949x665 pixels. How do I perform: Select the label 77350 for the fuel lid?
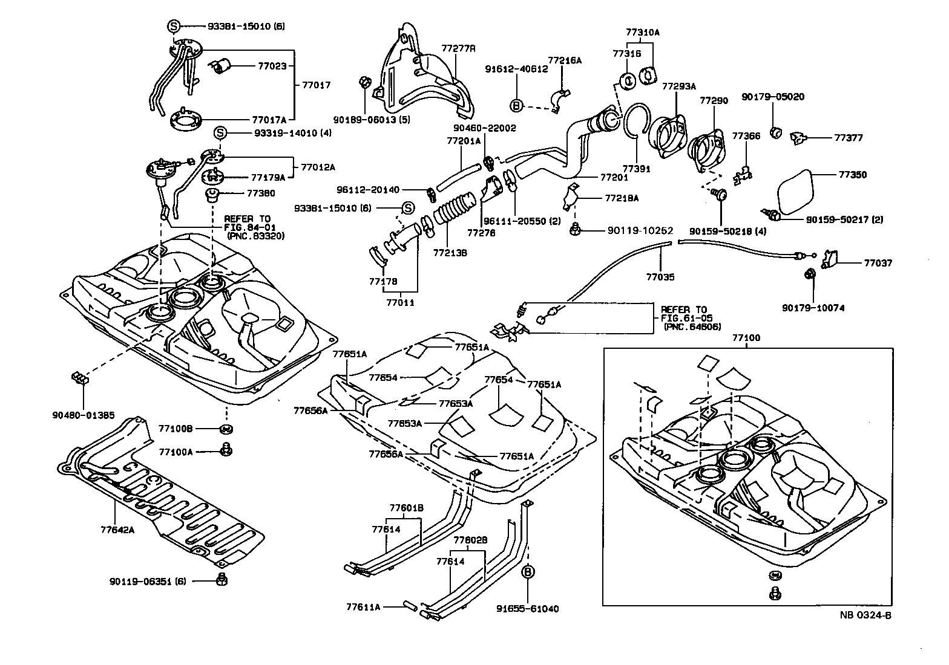pyautogui.click(x=852, y=175)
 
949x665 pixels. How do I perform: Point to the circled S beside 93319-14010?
pyautogui.click(x=220, y=133)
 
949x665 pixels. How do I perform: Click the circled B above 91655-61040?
pyautogui.click(x=528, y=571)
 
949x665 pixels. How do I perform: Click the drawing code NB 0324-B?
pyautogui.click(x=865, y=615)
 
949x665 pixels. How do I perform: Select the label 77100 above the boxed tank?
pyautogui.click(x=746, y=339)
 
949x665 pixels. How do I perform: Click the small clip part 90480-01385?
pyautogui.click(x=80, y=380)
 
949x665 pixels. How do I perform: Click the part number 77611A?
pyautogui.click(x=364, y=606)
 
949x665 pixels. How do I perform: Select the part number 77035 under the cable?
pyautogui.click(x=660, y=277)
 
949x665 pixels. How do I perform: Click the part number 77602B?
pyautogui.click(x=470, y=540)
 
